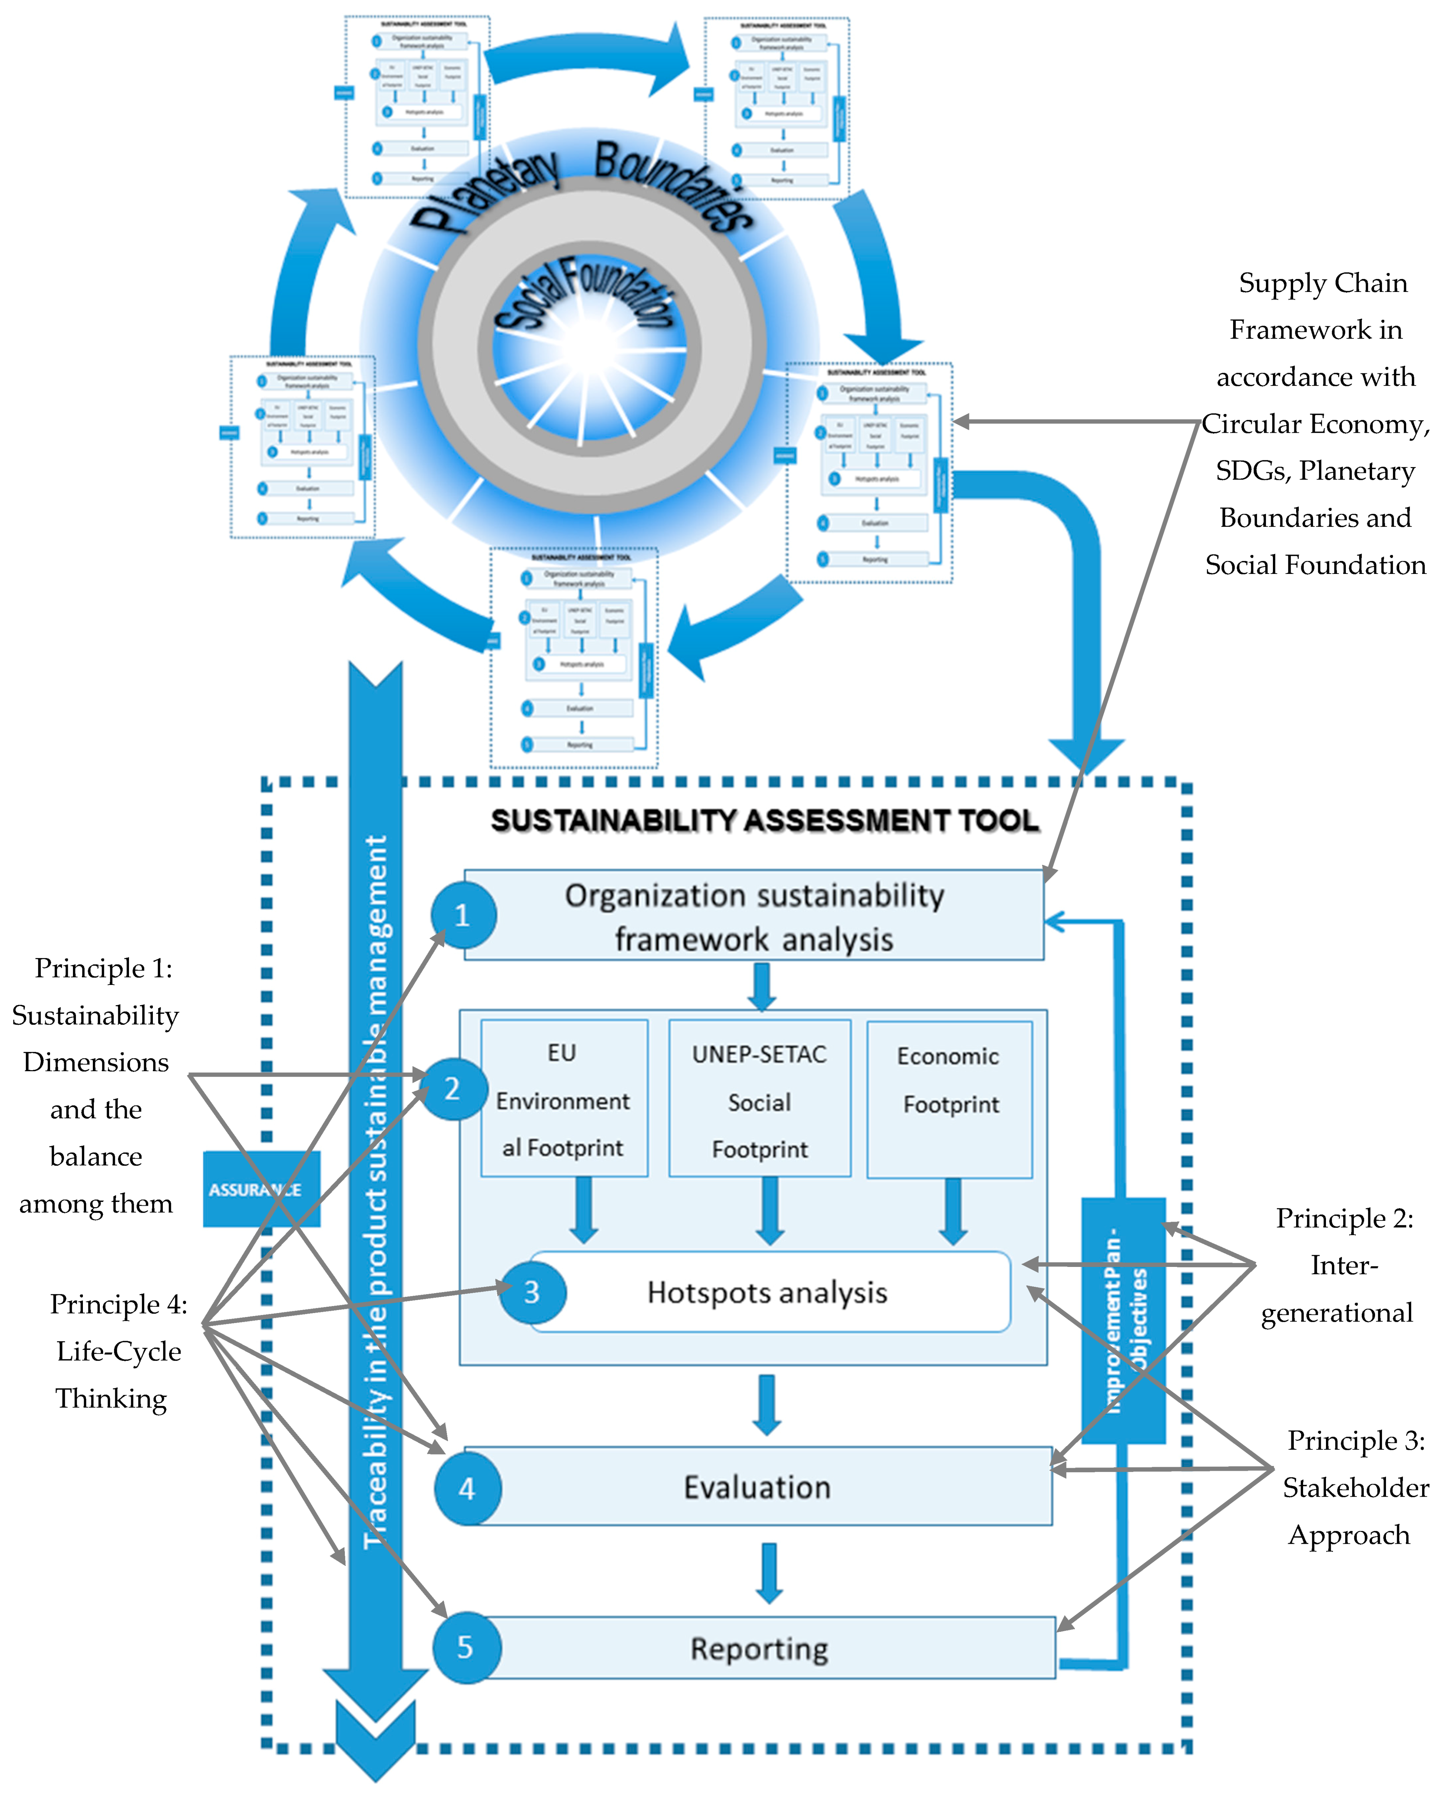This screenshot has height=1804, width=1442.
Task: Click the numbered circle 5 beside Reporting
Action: (466, 1647)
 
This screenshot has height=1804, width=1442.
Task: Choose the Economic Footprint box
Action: (949, 1098)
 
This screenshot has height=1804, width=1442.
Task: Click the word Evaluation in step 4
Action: (757, 1488)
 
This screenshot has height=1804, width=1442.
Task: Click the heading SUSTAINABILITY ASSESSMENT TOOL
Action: (764, 820)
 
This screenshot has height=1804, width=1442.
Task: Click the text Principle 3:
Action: (1355, 1441)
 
